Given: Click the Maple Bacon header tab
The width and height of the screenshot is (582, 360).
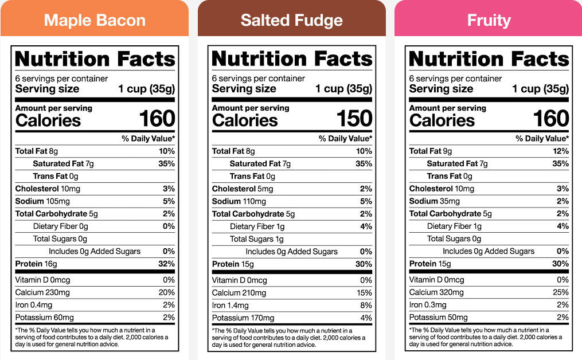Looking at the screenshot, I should (95, 21).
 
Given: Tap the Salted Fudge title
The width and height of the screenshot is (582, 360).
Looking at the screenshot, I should (291, 21).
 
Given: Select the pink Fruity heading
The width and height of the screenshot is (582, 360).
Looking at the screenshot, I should (489, 21).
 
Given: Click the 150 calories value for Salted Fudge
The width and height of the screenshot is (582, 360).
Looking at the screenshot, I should (354, 119).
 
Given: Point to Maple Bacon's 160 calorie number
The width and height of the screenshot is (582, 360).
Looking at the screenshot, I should (157, 119).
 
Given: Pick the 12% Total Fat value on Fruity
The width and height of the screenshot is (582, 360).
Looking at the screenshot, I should (561, 151).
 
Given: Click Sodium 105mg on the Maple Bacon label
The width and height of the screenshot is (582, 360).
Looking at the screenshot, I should (42, 201).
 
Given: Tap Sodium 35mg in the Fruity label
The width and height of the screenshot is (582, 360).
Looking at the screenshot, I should (434, 201).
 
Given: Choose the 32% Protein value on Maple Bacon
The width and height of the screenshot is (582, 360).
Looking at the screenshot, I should (167, 264).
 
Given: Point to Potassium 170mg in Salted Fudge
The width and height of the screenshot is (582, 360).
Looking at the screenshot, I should (243, 318).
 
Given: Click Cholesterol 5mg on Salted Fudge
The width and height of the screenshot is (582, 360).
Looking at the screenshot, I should (243, 189).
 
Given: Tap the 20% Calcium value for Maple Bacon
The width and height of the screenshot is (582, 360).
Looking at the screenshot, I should (167, 292).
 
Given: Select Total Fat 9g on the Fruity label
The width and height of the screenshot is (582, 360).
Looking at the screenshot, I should (431, 151).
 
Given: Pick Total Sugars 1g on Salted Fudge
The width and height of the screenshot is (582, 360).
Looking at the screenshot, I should (257, 239).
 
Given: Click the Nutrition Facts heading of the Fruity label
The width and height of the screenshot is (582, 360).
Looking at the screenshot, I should (489, 59).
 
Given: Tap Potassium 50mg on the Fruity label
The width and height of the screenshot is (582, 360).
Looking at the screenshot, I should (438, 318).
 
